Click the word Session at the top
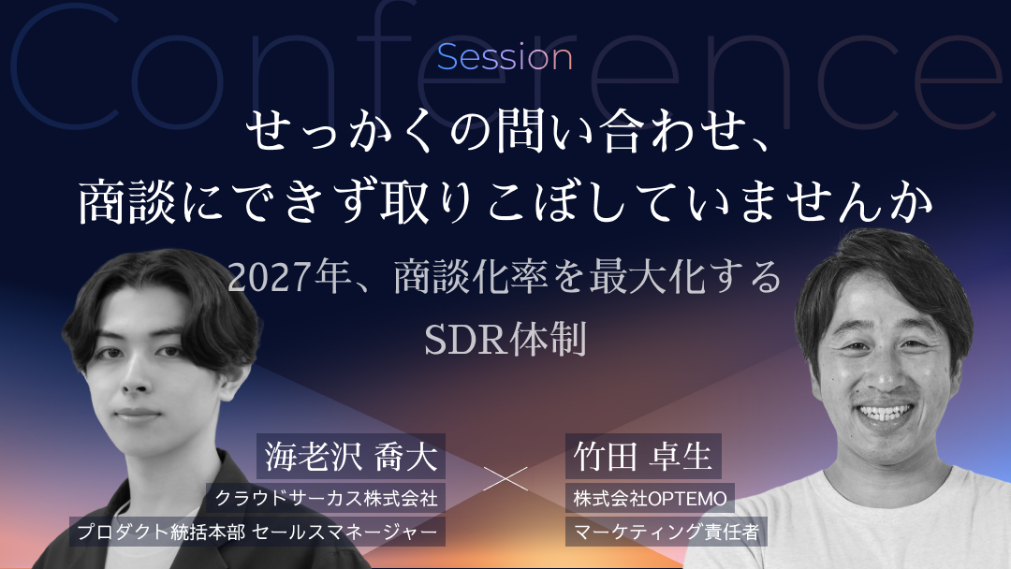coord(505,58)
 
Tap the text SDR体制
coord(505,339)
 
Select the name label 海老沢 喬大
coord(351,457)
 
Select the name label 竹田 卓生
coord(643,457)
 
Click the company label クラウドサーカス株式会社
coord(327,498)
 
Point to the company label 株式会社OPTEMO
coord(650,498)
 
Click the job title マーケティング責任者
coord(667,532)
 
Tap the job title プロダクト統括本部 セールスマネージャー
coord(257,532)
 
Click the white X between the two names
coord(505,479)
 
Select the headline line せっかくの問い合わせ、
coord(505,131)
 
